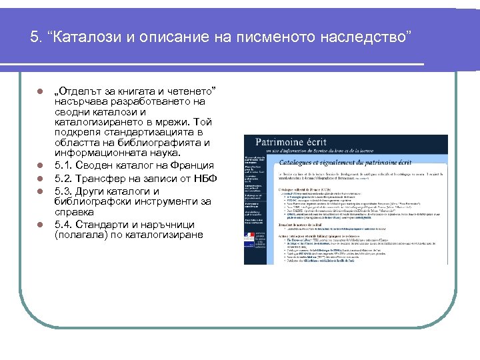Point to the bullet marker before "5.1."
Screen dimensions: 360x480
(x=40, y=165)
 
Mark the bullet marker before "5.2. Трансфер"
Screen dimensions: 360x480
(x=40, y=179)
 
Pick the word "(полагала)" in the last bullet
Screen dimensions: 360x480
(x=83, y=235)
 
